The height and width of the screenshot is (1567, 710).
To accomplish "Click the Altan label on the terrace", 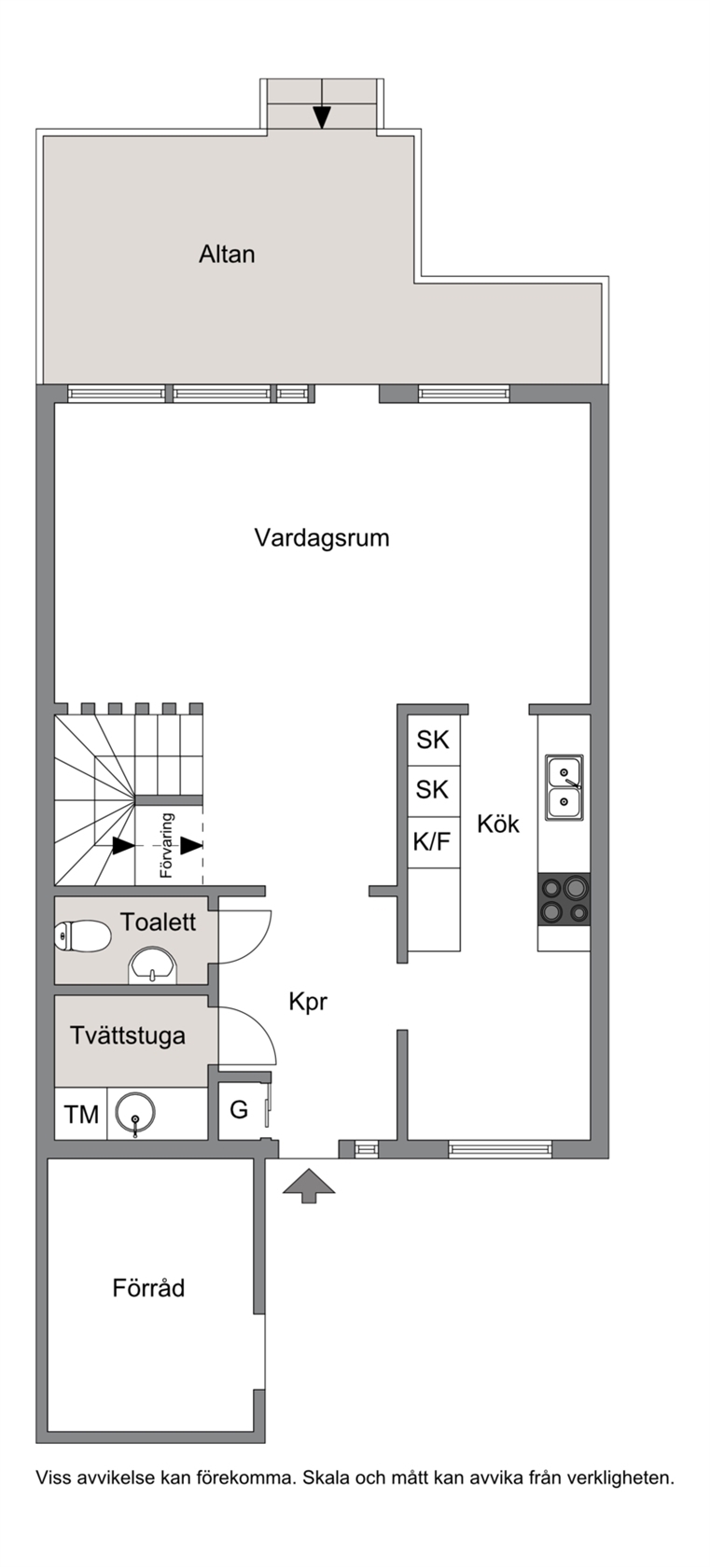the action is point(227,254).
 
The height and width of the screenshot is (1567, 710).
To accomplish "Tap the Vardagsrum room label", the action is point(322,538).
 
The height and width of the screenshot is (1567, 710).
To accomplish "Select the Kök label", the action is point(498,825).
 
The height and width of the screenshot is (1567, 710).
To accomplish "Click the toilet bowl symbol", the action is point(82,936).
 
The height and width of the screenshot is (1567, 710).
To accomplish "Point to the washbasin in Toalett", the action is point(153,965).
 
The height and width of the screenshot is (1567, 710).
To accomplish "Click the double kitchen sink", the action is point(564,787).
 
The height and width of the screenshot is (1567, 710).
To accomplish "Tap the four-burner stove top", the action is point(564,899).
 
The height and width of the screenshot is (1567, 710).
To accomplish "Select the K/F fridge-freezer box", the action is point(434,842).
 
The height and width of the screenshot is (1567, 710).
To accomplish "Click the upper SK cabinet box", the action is point(434,741).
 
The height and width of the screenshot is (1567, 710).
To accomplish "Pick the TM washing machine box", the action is point(81,1114).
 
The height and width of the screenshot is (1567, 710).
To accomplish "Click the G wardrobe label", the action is point(239,1110).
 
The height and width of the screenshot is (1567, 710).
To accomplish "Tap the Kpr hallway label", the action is point(308,1002).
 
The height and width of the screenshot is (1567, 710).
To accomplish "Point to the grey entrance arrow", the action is point(309,1186).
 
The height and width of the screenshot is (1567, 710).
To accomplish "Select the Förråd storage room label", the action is point(148,1287).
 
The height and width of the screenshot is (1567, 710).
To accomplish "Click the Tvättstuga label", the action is point(128,1036).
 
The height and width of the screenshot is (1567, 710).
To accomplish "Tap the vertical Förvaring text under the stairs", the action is point(166,845).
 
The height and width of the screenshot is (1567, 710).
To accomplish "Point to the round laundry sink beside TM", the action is point(135,1112).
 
